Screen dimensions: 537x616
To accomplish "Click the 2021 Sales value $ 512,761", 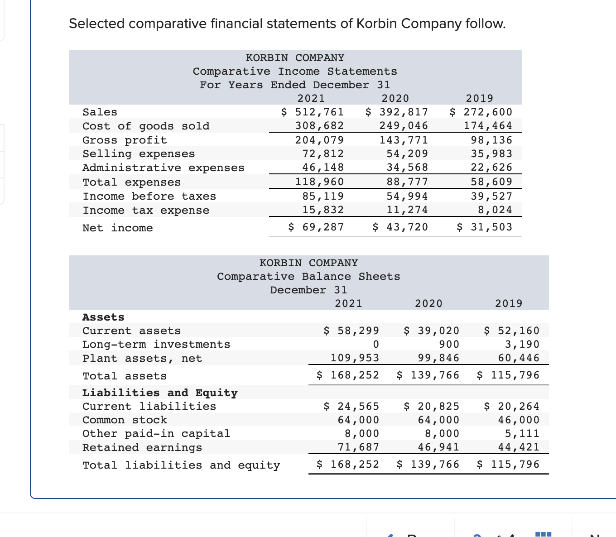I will click(313, 112).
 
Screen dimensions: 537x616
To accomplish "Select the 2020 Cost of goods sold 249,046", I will click(404, 126).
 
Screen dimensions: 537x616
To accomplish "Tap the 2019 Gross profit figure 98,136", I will click(491, 140).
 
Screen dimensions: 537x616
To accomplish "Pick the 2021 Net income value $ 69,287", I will click(316, 227).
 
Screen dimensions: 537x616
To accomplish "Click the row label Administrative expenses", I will click(163, 168).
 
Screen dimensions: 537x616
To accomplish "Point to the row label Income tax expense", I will click(146, 211).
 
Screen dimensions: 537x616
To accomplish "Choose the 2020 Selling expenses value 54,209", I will click(407, 154).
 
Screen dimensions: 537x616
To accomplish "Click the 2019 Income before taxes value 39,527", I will click(491, 196).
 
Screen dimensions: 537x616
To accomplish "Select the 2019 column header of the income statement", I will click(479, 98).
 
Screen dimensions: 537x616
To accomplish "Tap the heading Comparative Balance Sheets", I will click(308, 277).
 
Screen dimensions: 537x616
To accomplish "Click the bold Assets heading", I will click(103, 317).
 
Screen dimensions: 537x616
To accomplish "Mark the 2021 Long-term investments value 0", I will click(375, 345).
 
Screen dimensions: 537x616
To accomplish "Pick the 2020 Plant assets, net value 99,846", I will click(438, 358).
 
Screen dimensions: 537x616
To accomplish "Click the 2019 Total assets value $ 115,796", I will click(508, 375).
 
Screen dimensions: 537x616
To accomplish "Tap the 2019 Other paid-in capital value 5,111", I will click(522, 434).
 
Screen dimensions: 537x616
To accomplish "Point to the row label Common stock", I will click(125, 420).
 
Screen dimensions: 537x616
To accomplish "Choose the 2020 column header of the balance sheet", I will click(428, 303).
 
